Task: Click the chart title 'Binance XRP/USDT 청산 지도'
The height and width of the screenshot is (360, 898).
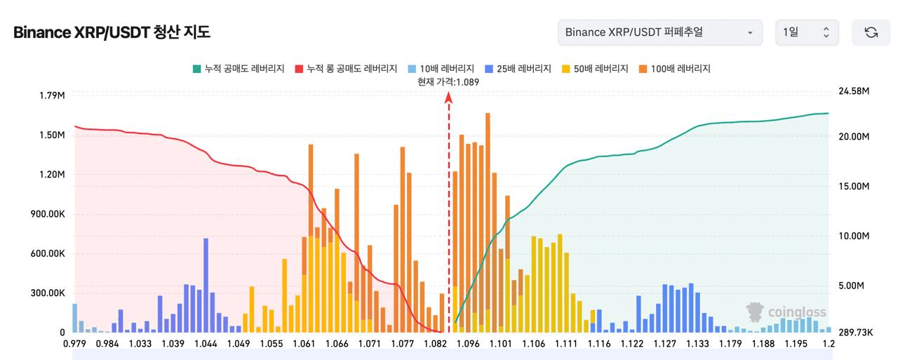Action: click(x=112, y=32)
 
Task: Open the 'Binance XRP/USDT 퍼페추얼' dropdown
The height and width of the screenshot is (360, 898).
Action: click(x=660, y=32)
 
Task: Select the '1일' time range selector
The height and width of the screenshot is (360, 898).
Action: click(x=807, y=32)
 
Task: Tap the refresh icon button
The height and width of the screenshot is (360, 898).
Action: click(x=871, y=32)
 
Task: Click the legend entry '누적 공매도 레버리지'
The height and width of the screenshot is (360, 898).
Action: click(x=239, y=69)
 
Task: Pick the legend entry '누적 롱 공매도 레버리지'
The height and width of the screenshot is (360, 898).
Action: click(x=346, y=69)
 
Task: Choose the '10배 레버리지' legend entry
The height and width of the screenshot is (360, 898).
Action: click(x=441, y=69)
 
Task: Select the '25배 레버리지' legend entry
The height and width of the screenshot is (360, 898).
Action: click(x=518, y=69)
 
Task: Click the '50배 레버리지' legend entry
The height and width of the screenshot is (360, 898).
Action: click(x=595, y=69)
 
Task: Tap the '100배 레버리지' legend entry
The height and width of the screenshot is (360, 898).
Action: click(x=675, y=69)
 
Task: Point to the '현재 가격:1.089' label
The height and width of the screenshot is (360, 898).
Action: click(x=448, y=82)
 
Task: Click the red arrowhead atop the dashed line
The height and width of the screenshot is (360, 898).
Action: click(x=448, y=98)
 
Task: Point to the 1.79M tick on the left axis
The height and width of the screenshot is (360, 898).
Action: click(x=52, y=95)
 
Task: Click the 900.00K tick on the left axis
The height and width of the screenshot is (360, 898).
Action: click(x=48, y=214)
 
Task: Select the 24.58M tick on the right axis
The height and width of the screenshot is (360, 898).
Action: click(x=854, y=91)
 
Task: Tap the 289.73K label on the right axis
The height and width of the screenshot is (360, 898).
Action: click(x=855, y=333)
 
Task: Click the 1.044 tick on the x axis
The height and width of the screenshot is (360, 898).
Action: click(x=206, y=344)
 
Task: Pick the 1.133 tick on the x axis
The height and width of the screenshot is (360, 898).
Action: click(x=697, y=344)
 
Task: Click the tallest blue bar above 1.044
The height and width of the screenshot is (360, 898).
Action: click(x=206, y=286)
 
